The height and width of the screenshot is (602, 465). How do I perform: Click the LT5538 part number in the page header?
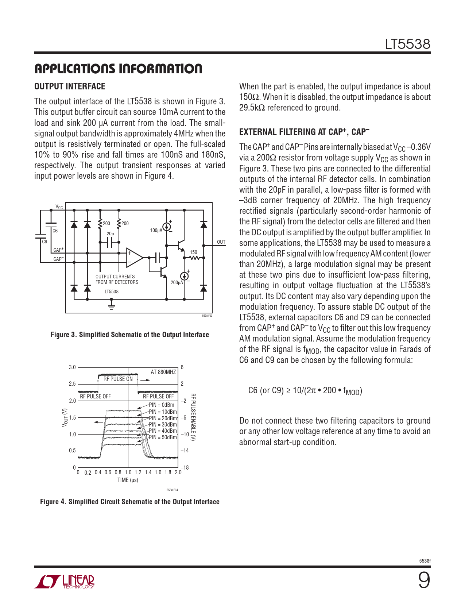407,44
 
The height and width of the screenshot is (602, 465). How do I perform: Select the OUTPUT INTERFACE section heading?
70,86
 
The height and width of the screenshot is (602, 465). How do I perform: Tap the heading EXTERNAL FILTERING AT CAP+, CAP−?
304,132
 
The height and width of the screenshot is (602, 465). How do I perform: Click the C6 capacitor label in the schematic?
55,231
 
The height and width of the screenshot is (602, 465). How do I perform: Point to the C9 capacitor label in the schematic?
44,242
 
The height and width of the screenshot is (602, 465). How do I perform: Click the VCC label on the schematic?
59,207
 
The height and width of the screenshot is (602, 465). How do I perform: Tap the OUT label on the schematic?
221,242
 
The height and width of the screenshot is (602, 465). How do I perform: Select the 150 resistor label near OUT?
194,252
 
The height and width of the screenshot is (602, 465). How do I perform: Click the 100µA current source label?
156,231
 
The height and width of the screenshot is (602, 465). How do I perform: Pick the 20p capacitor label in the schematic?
110,234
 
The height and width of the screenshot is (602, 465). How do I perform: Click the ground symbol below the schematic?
112,306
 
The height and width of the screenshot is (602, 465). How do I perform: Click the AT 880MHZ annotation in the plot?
163,372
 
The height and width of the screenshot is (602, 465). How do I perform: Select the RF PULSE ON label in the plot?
118,379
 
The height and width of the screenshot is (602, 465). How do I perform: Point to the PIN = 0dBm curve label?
162,405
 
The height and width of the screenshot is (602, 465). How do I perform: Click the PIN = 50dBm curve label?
163,437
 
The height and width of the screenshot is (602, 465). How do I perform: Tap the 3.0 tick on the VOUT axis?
72,367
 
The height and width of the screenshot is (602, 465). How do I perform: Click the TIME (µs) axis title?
128,480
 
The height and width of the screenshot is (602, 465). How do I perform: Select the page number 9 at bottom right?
424,580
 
